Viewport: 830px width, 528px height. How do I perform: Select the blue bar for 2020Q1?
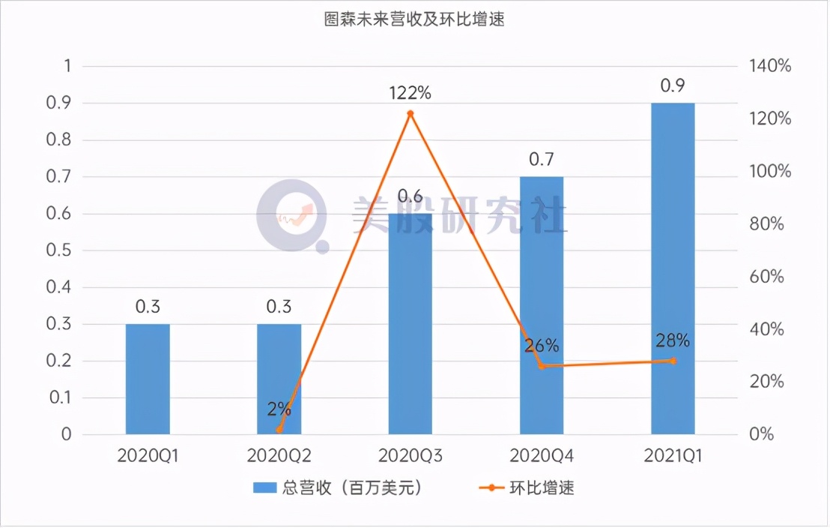(x=148, y=379)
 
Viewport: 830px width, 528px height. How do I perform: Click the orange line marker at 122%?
(x=410, y=113)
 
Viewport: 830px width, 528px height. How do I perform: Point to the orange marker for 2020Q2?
(x=279, y=430)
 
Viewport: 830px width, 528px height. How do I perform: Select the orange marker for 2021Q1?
(x=673, y=361)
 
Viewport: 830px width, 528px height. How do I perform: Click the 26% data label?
(x=541, y=346)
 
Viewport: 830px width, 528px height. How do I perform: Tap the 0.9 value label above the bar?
(x=672, y=85)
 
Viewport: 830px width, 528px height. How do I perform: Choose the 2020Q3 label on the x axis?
(x=411, y=454)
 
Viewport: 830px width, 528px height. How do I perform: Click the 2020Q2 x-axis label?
(x=279, y=454)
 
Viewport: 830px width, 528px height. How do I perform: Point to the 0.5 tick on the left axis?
(x=61, y=250)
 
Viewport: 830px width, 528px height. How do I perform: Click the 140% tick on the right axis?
(x=769, y=66)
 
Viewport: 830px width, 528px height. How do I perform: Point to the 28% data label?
(x=673, y=340)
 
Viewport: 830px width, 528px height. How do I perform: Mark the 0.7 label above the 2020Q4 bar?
(x=541, y=159)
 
